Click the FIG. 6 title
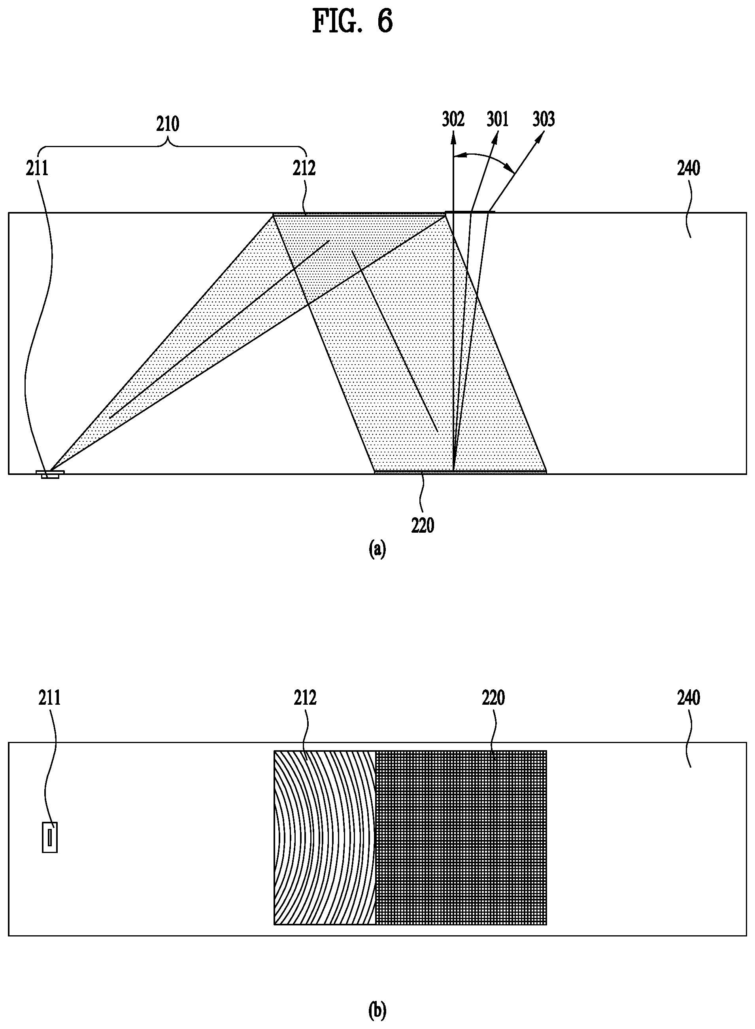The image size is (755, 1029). (352, 21)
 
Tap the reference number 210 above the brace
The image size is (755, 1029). (168, 124)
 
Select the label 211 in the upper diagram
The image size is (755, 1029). (37, 169)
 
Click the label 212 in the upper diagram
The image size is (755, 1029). (304, 169)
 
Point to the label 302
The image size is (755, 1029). (453, 119)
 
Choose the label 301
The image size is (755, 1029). (498, 119)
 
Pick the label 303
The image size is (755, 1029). (544, 119)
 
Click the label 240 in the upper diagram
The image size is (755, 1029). (689, 169)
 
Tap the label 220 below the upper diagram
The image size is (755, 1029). (423, 526)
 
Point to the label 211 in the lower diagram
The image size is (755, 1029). (49, 698)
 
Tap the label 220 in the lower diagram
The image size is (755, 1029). (494, 698)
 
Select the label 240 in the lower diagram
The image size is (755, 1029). (689, 698)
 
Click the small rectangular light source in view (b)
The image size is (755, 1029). (50, 838)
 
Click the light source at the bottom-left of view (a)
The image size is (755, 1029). (50, 474)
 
